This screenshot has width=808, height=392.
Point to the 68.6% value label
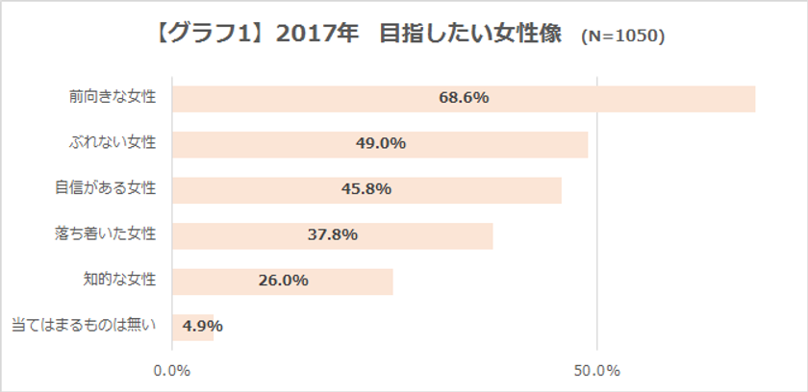pos(464,98)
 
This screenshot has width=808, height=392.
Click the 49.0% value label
pos(380,144)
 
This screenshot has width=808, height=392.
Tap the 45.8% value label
pos(366,189)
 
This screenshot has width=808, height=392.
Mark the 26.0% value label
pos(283,281)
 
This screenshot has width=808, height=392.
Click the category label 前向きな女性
pos(112,98)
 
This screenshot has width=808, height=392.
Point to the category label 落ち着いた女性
pos(105,233)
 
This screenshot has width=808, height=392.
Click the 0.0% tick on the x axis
pos(172,371)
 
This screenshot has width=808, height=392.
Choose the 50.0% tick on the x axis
pos(597,371)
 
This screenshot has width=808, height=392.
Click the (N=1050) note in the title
pos(622,37)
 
